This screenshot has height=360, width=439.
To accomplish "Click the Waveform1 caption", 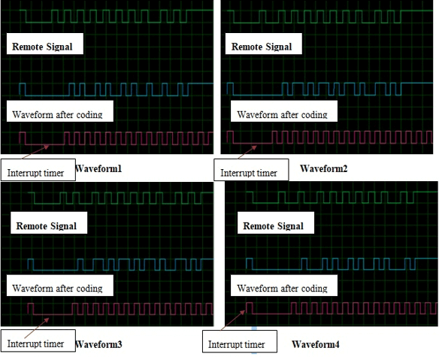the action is coord(98,169).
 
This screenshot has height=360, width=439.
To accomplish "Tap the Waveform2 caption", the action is coord(324,168).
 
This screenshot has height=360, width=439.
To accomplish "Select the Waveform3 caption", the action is coord(98,344).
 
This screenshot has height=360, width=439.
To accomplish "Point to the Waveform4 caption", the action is coord(316,344).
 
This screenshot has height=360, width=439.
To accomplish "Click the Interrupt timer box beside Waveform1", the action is coord(38,170).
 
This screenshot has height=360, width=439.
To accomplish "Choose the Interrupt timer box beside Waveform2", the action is coord(251,170).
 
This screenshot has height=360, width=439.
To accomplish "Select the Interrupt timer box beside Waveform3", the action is coord(38,340).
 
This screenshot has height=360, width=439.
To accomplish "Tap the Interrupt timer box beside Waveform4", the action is coord(240,341).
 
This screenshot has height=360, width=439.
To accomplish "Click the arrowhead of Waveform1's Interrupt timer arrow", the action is coord(49,146).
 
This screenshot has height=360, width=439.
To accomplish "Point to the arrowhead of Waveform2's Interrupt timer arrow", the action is coord(256,146).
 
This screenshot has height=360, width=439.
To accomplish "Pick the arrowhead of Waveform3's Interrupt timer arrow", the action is coord(49,319).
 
